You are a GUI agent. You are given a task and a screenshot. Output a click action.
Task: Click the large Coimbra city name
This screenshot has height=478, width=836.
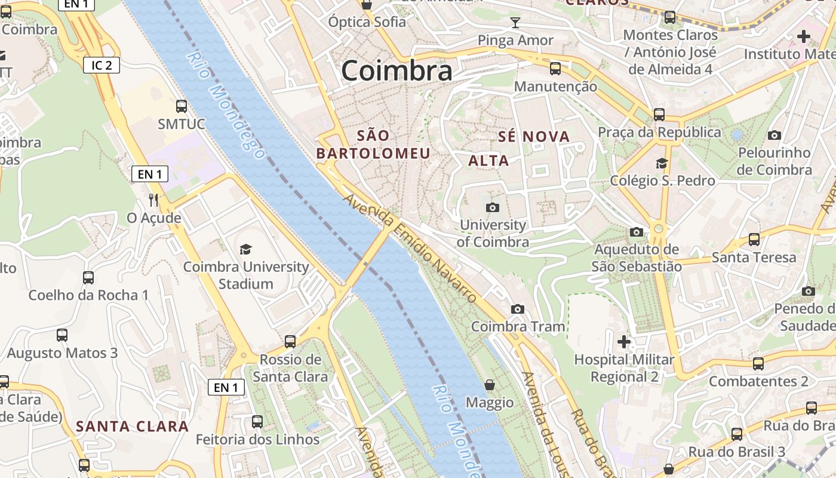click(397, 71)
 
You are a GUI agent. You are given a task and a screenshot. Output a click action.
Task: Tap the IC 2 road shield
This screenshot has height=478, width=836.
click(102, 65)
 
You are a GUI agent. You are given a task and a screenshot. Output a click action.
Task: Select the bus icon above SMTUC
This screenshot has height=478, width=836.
click(182, 106)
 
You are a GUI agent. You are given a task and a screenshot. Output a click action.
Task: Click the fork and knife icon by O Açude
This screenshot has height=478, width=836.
click(153, 200)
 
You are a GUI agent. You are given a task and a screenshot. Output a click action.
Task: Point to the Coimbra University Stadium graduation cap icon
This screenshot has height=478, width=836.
click(245, 249)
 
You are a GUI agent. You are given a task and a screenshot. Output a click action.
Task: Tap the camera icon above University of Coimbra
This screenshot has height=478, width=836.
click(493, 207)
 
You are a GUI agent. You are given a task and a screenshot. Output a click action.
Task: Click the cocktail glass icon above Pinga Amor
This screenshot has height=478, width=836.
click(515, 23)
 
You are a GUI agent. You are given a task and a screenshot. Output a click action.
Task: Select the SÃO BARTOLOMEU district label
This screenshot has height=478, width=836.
click(373, 144)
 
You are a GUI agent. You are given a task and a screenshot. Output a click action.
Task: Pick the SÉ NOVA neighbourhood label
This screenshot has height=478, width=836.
click(534, 137)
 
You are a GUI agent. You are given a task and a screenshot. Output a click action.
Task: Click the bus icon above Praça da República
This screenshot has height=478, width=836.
click(659, 114)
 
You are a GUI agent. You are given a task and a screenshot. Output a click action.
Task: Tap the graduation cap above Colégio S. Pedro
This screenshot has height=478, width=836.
click(662, 163)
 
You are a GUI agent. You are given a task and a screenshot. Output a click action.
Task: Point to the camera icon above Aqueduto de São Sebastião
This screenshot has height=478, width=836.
click(637, 232)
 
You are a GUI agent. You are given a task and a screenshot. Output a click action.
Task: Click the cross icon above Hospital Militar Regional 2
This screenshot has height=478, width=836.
click(624, 342)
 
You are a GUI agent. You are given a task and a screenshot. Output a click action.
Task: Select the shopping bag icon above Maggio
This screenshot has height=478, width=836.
click(490, 385)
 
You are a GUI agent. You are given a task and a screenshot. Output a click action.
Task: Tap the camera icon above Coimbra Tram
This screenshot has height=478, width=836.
click(518, 309)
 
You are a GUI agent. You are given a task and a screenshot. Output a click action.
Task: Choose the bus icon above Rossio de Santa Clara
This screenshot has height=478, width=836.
click(290, 342)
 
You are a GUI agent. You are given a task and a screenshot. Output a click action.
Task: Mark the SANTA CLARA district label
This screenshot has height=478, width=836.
click(133, 427)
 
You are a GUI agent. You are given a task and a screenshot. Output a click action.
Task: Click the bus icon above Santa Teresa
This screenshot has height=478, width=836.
click(754, 240)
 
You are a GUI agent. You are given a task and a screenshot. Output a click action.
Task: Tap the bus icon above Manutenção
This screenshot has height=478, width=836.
click(555, 69)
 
